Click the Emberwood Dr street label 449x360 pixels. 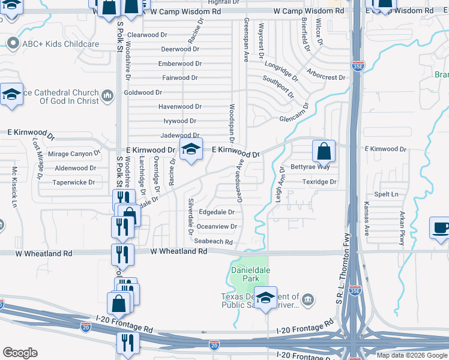click(x=178, y=64)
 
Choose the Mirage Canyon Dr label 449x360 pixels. click(x=74, y=154)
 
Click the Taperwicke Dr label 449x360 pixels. click(x=74, y=182)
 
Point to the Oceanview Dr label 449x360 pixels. click(x=217, y=227)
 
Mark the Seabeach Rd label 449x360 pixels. click(x=213, y=241)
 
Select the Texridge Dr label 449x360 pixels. click(x=319, y=181)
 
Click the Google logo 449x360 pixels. click(x=20, y=353)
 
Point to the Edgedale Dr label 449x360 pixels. click(x=217, y=212)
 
